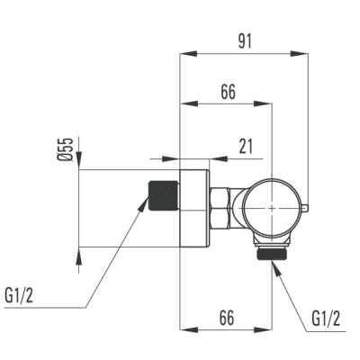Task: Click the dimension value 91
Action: pos(245,41)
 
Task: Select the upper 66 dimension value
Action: pos(229,92)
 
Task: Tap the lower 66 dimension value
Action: pos(227,318)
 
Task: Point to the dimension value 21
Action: pos(246,146)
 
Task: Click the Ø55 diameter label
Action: pos(66,149)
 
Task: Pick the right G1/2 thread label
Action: pos(326,319)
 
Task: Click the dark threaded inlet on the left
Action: pos(164,195)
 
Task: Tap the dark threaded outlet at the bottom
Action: pos(272,255)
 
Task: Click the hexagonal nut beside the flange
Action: pos(220,209)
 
